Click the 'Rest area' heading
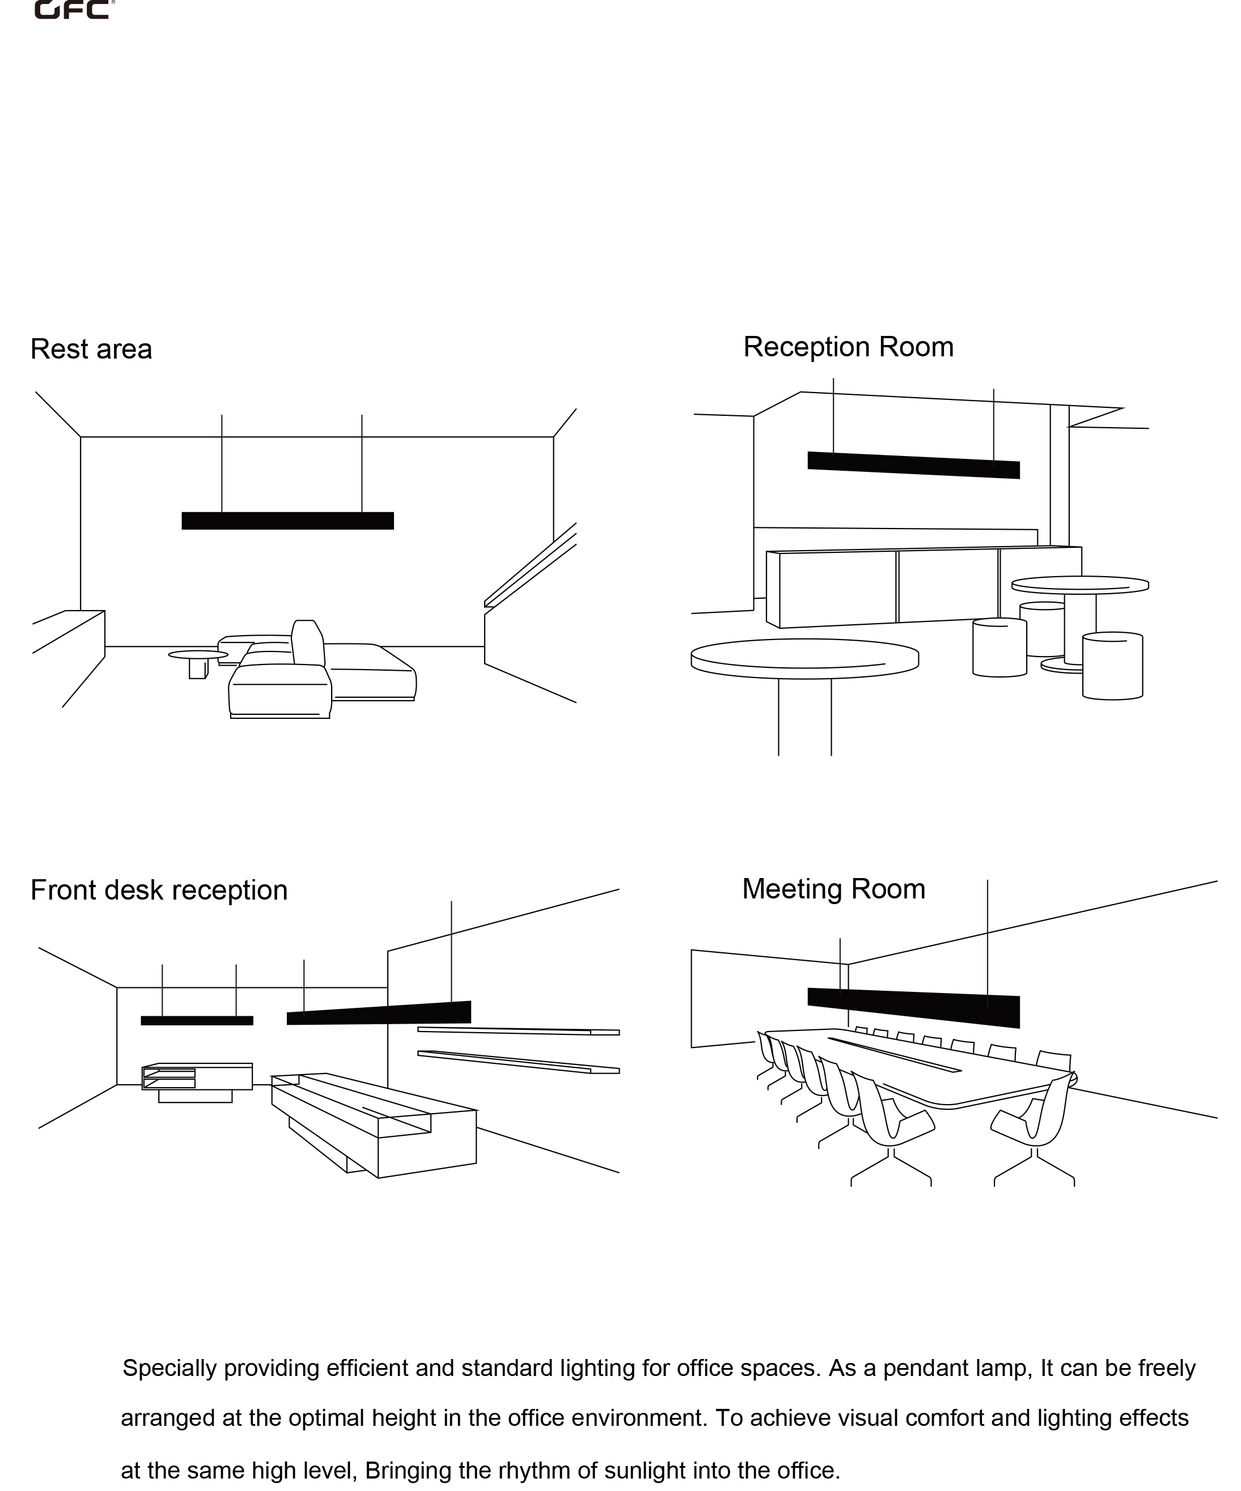click(x=91, y=350)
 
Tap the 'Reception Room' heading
click(x=848, y=347)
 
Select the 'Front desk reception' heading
click(x=158, y=891)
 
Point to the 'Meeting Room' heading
click(x=833, y=889)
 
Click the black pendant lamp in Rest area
click(x=287, y=521)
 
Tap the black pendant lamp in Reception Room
click(x=913, y=465)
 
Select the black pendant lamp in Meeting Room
click(x=913, y=1007)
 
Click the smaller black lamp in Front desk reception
click(x=197, y=1020)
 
